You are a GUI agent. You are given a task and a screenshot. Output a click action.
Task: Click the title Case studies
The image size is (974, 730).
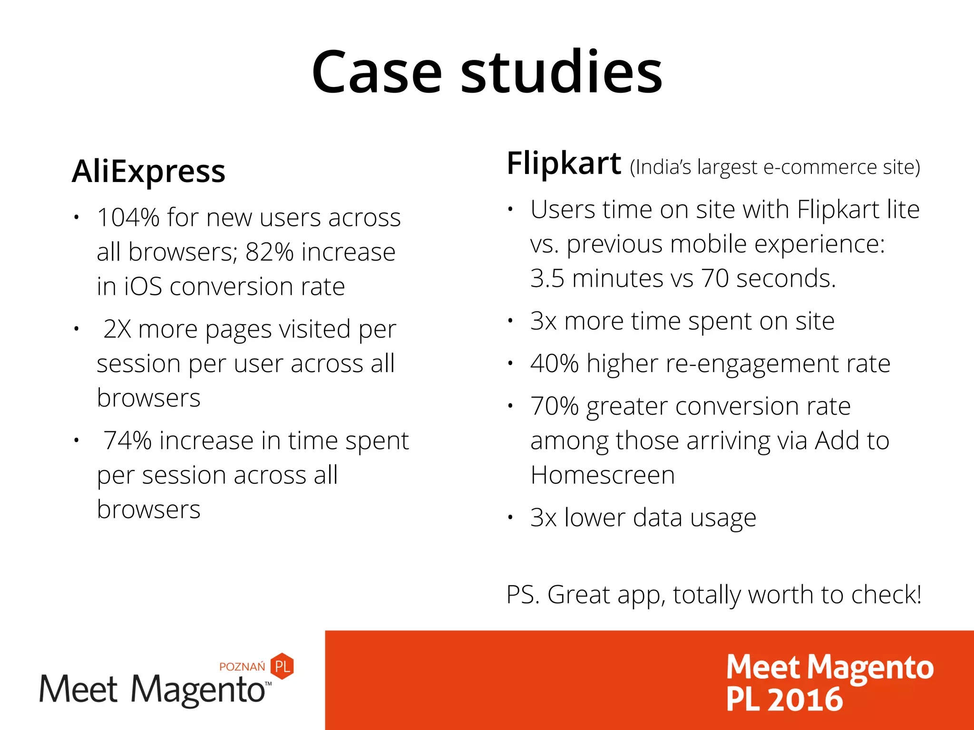[x=487, y=72]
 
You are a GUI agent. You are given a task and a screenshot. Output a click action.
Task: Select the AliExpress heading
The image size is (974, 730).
[x=148, y=171]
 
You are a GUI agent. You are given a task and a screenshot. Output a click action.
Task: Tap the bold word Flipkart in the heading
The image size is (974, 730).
[x=564, y=163]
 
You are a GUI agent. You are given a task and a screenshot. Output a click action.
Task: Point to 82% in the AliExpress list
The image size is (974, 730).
[x=269, y=252]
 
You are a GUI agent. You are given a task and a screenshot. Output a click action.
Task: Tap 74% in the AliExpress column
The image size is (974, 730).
[x=127, y=441]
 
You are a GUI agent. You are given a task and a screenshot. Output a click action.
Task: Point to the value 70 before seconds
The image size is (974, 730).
[x=714, y=279]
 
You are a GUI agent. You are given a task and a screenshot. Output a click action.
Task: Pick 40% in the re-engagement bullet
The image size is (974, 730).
[x=554, y=364]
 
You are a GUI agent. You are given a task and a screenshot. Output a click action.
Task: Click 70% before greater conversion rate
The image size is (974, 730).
[x=554, y=406]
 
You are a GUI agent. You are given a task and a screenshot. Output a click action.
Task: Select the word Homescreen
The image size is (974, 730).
[x=603, y=475]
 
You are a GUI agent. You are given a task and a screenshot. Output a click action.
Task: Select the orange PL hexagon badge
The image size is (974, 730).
[x=282, y=666]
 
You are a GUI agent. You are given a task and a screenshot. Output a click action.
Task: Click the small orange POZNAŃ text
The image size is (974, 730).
[x=242, y=667]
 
